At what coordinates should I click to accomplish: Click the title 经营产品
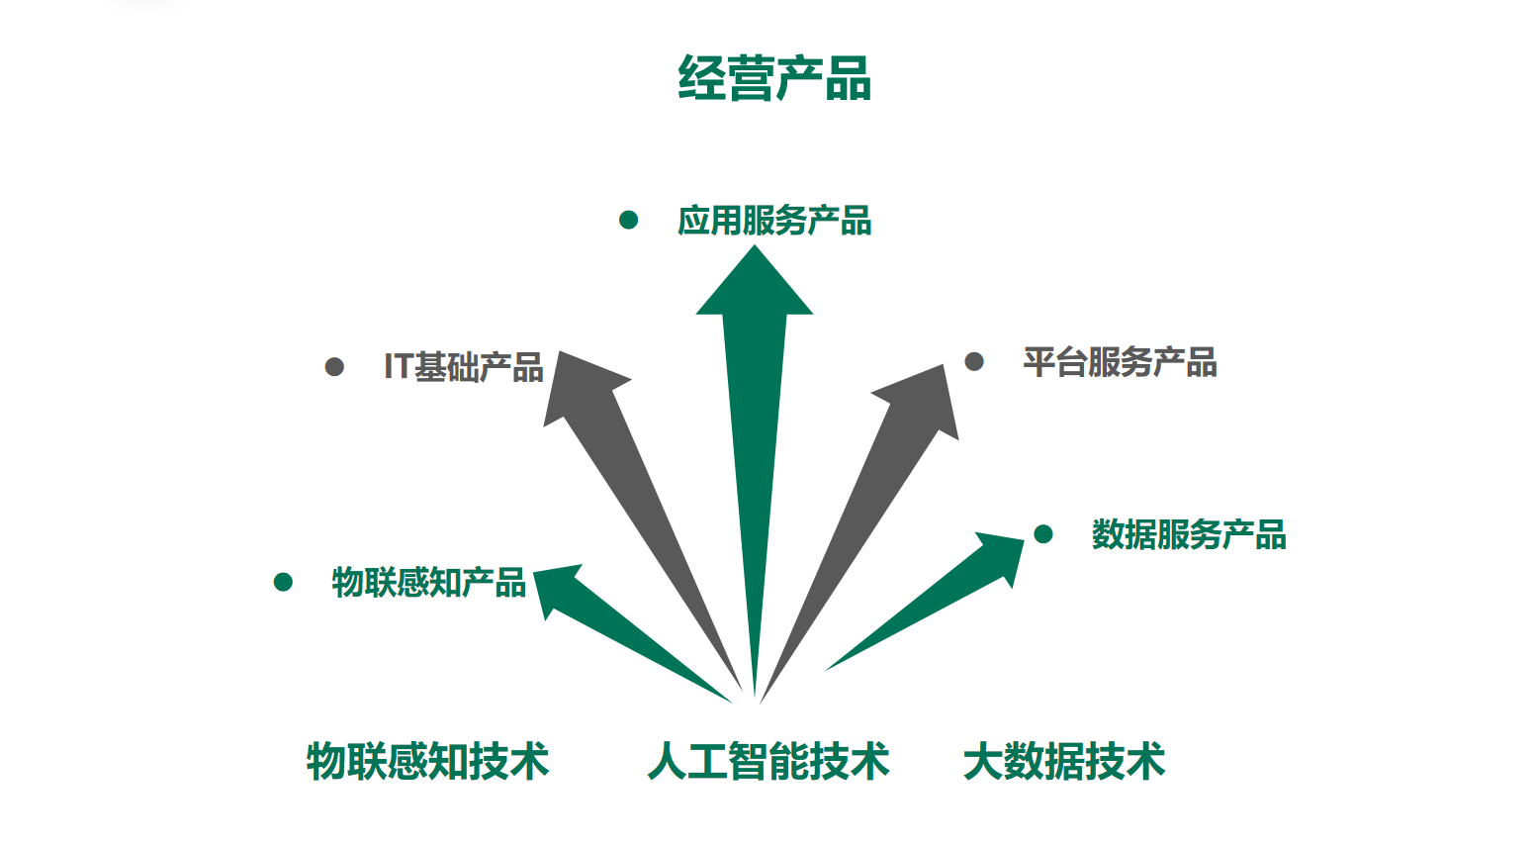[x=774, y=79]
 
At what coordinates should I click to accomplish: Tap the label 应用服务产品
[x=774, y=221]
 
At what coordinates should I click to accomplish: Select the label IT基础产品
[x=464, y=367]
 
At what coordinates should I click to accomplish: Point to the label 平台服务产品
[x=1120, y=362]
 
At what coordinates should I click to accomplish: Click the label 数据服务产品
[x=1189, y=535]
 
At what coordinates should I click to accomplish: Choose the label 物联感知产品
[x=428, y=583]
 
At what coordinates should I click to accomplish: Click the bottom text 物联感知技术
[x=427, y=762]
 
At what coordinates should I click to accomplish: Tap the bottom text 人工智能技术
[x=768, y=762]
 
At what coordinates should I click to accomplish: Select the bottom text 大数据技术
[x=1064, y=762]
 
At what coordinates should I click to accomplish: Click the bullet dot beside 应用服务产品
[x=628, y=220]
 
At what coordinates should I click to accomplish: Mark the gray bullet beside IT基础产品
[x=334, y=367]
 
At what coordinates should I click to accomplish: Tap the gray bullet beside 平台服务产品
[x=974, y=361]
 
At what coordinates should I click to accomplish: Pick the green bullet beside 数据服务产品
[x=1042, y=534]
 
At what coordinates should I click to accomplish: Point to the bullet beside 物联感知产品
[x=283, y=582]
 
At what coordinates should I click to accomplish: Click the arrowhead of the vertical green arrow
[x=755, y=287]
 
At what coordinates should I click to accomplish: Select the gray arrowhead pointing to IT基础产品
[x=578, y=386]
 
